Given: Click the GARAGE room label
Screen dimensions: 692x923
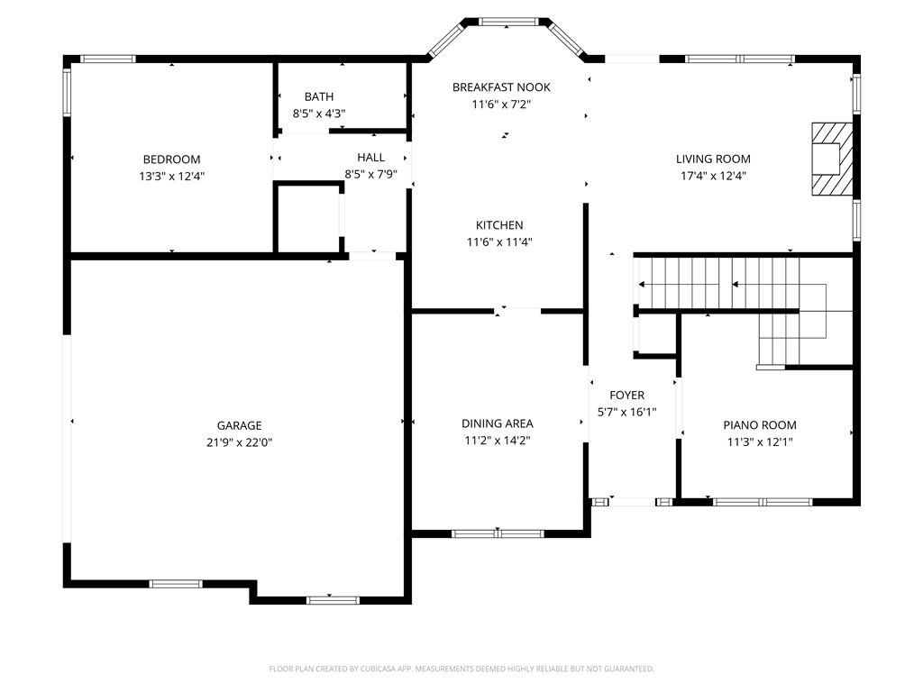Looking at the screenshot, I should tap(239, 425).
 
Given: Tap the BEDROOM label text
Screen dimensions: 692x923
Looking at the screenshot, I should tap(171, 159).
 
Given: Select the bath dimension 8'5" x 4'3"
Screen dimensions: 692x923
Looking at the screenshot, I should tap(319, 114).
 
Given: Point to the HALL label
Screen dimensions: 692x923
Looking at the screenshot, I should tap(370, 158).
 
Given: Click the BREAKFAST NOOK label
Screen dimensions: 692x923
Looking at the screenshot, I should tap(501, 87).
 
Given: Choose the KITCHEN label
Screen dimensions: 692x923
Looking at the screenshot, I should tap(499, 225).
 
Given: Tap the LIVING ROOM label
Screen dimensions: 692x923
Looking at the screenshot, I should tap(713, 159).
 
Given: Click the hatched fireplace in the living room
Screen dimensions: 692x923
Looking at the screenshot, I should tap(831, 159).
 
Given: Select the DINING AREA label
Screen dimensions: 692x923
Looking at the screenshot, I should tap(498, 423).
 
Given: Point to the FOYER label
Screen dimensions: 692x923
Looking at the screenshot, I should tap(626, 395).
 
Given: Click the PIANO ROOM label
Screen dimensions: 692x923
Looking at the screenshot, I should tap(760, 425).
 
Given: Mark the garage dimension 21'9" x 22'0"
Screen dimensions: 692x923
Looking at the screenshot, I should tap(239, 442).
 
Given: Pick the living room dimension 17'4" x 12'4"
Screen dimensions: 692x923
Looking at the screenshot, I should tap(713, 177).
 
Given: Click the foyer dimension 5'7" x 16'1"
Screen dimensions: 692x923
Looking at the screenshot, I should tap(626, 412).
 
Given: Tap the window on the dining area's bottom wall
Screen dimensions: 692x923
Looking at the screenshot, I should tap(498, 533).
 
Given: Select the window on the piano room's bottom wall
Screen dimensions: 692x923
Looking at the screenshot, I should tap(763, 502).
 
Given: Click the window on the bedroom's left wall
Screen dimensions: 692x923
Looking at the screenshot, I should tap(67, 93).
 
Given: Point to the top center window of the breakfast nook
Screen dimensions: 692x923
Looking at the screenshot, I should tap(508, 22).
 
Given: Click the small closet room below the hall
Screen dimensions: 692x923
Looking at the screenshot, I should tap(307, 219).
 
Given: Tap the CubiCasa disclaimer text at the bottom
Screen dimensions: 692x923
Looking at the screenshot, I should tap(461, 669).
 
